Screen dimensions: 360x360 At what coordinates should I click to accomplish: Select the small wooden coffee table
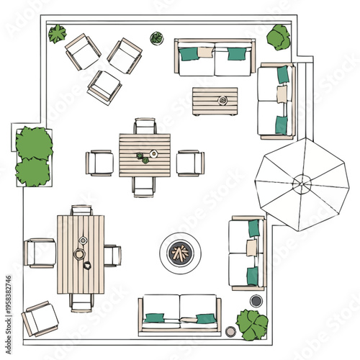click(215, 101)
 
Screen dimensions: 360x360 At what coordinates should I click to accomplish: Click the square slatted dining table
click(145, 155)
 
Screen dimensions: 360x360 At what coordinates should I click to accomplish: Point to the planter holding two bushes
click(34, 157)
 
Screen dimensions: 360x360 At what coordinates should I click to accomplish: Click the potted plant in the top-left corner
click(57, 33)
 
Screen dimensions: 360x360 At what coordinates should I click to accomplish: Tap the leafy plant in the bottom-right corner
click(252, 325)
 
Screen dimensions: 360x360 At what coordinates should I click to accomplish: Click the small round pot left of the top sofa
click(156, 37)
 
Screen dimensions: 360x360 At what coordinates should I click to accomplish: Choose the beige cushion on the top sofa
click(206, 53)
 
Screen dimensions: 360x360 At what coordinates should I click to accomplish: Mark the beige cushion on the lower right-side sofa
click(252, 248)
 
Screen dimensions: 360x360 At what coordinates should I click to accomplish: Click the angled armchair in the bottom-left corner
click(40, 318)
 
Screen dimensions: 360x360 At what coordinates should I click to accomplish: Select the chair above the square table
click(145, 127)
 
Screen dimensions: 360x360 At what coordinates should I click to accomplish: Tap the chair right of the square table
click(190, 162)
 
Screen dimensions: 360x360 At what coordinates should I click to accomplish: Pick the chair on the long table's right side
click(112, 255)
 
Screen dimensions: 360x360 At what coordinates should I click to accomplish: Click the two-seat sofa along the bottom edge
click(180, 314)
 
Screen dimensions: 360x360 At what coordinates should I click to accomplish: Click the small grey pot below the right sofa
click(256, 300)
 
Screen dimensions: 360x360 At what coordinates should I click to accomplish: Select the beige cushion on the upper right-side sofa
click(282, 94)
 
